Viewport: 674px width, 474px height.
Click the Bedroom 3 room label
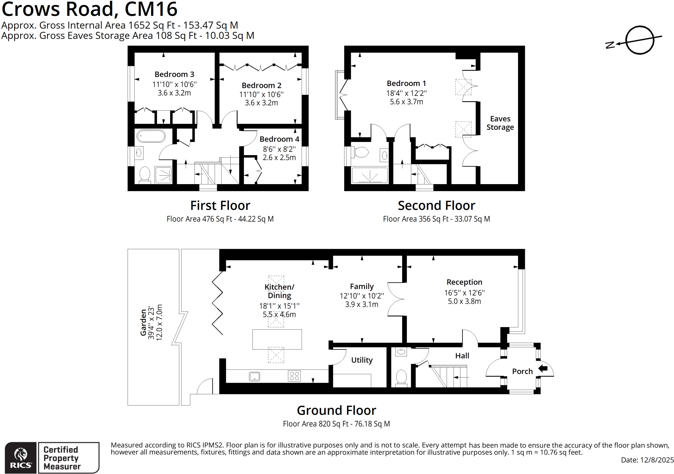(x=174, y=74)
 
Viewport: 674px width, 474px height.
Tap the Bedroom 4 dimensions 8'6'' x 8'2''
(x=279, y=149)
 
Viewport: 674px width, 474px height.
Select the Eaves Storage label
(x=500, y=123)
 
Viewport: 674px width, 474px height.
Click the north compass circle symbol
(x=639, y=40)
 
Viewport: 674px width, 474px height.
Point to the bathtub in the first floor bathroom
(x=151, y=136)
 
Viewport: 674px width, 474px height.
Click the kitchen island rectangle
(x=277, y=339)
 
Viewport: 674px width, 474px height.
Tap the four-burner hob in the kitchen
(x=294, y=376)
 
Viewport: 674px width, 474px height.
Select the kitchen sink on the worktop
(x=254, y=376)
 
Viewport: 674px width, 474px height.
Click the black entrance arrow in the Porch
(x=543, y=368)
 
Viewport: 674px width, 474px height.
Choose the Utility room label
(x=362, y=360)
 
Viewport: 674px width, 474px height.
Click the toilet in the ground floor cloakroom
(x=401, y=377)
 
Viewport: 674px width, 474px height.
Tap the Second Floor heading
(x=436, y=206)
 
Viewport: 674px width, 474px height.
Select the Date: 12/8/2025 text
(x=647, y=460)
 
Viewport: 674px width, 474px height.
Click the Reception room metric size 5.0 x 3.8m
(x=464, y=301)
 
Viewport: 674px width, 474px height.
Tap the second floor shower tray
(x=370, y=176)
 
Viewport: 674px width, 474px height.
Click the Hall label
(x=462, y=356)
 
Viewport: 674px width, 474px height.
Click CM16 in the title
(x=151, y=9)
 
